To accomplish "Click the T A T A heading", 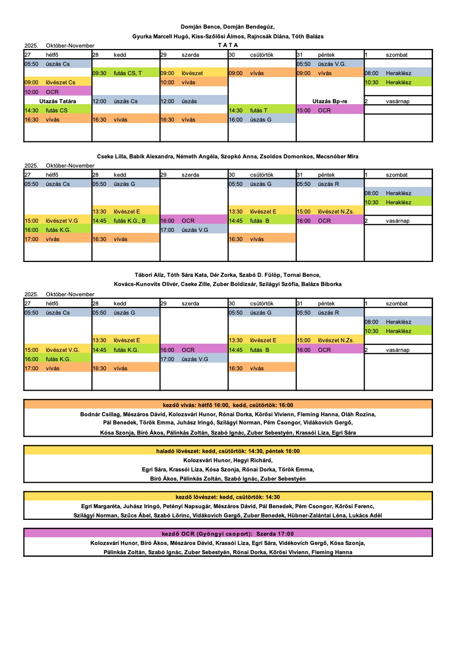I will tap(228, 45).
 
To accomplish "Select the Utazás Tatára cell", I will tap(57, 101).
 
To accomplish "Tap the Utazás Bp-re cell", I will tap(329, 101).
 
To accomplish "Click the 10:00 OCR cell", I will tap(57, 92).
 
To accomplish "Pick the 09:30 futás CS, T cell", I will tap(126, 73).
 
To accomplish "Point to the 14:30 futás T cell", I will tap(261, 110).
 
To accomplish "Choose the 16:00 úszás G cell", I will tap(261, 120).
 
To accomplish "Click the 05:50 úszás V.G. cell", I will tap(329, 64).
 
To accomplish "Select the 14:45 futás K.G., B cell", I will tap(126, 221).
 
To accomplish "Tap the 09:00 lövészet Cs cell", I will tap(57, 82).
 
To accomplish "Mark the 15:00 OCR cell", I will tap(329, 110).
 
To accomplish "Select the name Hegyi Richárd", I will tap(252, 460).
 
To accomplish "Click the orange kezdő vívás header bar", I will tap(228, 405).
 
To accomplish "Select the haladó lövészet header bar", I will tap(228, 451).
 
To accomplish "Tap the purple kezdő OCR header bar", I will tap(228, 534).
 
